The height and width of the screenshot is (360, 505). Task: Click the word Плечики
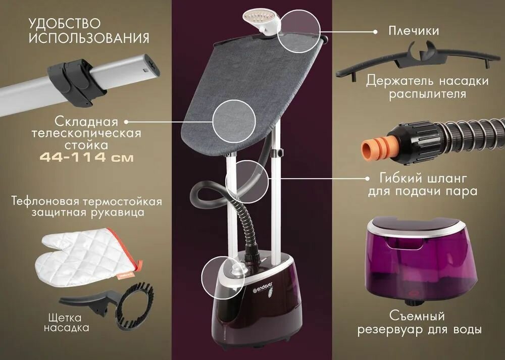tap(414, 31)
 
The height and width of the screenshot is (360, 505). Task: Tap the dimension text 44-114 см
tap(86, 158)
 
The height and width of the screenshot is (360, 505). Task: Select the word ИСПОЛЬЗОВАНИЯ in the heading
tap(89, 38)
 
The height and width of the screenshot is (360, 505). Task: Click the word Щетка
tap(65, 318)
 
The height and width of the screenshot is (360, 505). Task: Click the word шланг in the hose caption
tap(447, 178)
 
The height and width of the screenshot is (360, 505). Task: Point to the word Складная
tap(86, 122)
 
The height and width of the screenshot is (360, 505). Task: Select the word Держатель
tap(399, 81)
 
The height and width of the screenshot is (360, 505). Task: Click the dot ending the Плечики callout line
tap(375, 32)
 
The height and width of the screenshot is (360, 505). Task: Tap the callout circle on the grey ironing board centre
tap(234, 121)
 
